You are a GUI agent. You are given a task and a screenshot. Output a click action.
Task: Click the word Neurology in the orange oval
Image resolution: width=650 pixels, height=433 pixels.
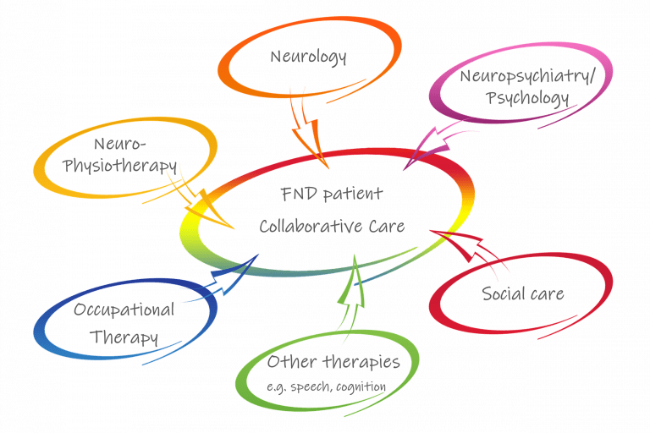coord(308,58)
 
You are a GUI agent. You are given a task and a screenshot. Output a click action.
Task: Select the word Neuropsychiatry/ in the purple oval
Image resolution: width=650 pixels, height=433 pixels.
coord(528,77)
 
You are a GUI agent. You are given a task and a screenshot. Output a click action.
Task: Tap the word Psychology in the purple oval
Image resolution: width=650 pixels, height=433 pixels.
coord(527,99)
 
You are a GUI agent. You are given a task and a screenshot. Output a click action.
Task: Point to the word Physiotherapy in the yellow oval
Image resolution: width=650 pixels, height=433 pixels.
coord(120,166)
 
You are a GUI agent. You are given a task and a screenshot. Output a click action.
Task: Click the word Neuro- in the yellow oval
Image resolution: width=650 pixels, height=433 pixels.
coord(120,145)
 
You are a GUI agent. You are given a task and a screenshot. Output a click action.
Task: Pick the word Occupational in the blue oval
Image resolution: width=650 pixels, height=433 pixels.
coord(124,310)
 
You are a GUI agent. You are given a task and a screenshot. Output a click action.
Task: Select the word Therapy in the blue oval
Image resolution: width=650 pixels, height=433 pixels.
coord(124,337)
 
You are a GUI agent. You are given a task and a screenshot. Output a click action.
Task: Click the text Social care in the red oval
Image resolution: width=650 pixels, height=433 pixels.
coord(523,293)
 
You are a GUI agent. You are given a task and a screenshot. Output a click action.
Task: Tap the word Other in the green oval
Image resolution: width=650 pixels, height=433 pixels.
coord(292,362)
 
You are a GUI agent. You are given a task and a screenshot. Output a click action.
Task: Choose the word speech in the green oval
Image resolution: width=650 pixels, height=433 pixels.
coord(311,387)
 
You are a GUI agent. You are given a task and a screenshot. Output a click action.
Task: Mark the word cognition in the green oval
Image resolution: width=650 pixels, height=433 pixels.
coord(361,387)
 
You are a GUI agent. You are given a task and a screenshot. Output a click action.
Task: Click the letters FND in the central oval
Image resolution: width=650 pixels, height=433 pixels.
coord(299,194)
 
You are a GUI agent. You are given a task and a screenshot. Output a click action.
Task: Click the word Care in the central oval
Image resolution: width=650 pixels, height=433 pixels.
coord(387,227)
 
